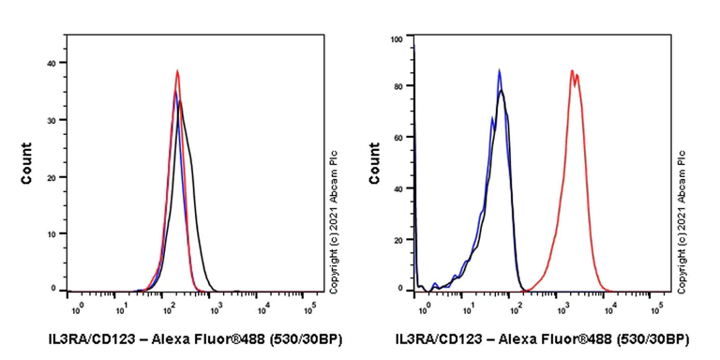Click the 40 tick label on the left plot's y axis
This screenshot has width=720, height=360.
click(52, 63)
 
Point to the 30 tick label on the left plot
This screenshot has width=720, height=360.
click(52, 119)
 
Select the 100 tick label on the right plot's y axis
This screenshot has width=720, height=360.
click(396, 39)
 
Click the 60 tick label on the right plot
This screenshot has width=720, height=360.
click(397, 139)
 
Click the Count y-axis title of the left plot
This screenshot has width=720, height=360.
click(27, 162)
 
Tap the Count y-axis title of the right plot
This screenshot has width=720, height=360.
click(375, 162)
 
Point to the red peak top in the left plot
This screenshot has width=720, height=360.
click(176, 71)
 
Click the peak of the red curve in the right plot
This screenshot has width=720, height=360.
click(572, 70)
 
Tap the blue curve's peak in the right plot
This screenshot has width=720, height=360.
click(500, 70)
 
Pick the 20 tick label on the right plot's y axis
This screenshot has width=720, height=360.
click(397, 239)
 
